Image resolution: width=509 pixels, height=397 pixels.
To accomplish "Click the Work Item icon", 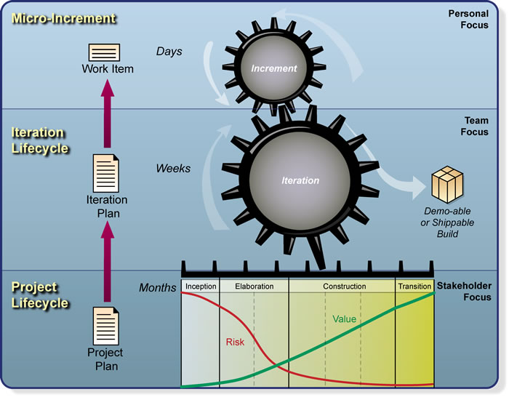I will [104, 52].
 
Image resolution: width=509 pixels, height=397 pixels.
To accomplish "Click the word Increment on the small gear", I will [274, 69].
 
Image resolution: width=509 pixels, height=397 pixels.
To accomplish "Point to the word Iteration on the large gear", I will [300, 180].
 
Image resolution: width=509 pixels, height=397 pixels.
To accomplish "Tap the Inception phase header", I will [200, 286].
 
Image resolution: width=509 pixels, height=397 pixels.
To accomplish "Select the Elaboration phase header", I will [254, 286].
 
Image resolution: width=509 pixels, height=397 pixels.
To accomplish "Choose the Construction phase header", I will [344, 286].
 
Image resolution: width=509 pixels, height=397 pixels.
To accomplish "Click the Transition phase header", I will [414, 286].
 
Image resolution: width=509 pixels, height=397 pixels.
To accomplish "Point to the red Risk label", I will [235, 341].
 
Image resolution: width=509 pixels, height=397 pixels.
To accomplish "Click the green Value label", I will [344, 318].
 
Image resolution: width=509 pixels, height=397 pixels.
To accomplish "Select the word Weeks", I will [173, 169].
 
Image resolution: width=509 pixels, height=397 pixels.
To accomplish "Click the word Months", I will [157, 288].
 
